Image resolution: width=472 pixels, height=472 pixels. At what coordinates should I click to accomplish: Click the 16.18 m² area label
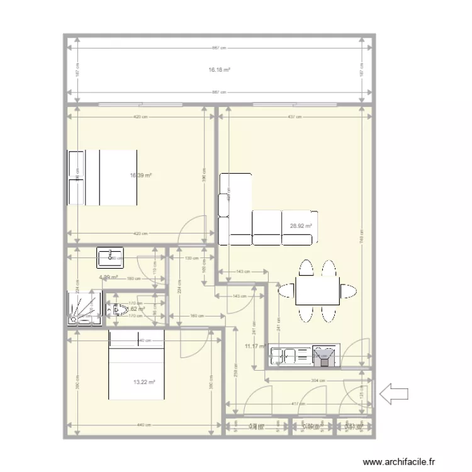pos(219,70)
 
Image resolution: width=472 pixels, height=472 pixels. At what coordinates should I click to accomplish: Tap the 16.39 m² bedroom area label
pos(140,176)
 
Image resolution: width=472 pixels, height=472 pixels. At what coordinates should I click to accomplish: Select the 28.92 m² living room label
pos(301,225)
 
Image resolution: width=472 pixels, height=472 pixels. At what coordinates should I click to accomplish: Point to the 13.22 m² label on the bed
pos(144,382)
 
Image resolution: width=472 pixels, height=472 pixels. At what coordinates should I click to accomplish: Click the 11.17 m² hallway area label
pos(253,346)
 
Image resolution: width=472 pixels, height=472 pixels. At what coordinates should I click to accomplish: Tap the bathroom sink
pos(111,256)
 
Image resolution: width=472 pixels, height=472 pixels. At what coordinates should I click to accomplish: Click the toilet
pos(118,310)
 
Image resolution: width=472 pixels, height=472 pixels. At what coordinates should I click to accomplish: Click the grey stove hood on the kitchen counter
pos(325,357)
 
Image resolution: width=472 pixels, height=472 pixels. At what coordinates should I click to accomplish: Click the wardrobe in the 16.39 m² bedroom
pos(76,177)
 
